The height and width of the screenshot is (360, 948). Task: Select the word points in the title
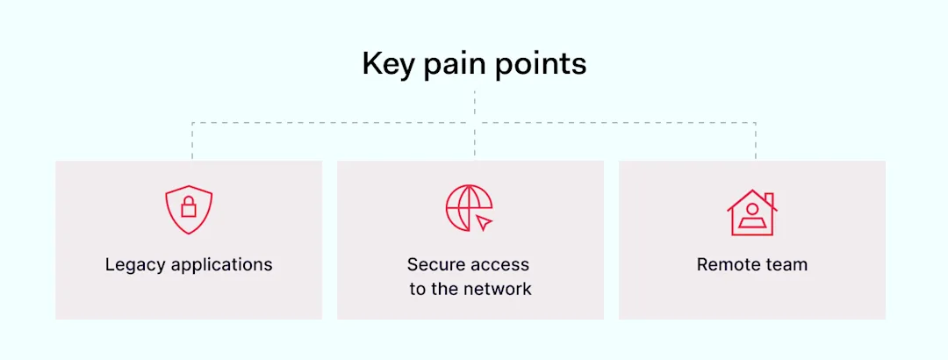point(543,65)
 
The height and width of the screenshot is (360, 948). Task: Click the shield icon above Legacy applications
point(189,209)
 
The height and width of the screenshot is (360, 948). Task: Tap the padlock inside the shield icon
point(189,207)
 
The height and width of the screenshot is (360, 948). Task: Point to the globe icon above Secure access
point(467,207)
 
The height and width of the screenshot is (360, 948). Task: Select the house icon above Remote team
point(751,212)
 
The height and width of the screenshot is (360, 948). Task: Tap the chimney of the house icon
point(768,199)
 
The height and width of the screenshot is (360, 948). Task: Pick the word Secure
point(434,264)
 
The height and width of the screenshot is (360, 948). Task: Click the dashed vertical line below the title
point(474,105)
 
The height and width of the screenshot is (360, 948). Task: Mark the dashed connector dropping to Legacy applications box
point(192,141)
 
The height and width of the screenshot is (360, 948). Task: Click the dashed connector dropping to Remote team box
point(755,141)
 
